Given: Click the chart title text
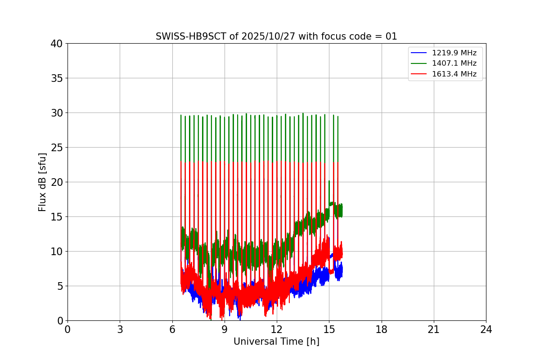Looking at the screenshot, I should pos(276,36).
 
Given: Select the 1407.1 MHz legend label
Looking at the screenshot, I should pos(454,63).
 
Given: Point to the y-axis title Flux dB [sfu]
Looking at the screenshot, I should pos(42,182).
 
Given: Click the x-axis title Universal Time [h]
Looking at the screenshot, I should pos(276,342).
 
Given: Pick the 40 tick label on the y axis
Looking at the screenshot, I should pos(57,44).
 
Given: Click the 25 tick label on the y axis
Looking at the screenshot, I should pos(57,148).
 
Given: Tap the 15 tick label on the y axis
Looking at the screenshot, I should pos(57,217).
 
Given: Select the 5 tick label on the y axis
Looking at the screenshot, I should pos(59,286).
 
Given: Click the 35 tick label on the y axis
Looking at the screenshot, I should pos(57,78).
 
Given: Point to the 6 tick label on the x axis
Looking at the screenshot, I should pos(172,329).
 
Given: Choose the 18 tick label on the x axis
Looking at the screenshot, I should pos(382,329).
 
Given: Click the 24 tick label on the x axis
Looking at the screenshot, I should pos(486,329).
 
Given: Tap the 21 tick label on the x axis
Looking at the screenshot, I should pos(434,329).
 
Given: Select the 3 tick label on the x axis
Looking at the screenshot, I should pos(120,329).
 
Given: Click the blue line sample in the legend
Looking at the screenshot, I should pos(419,53).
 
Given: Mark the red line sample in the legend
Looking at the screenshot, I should pos(419,74).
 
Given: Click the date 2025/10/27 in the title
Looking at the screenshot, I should pos(266,36).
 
